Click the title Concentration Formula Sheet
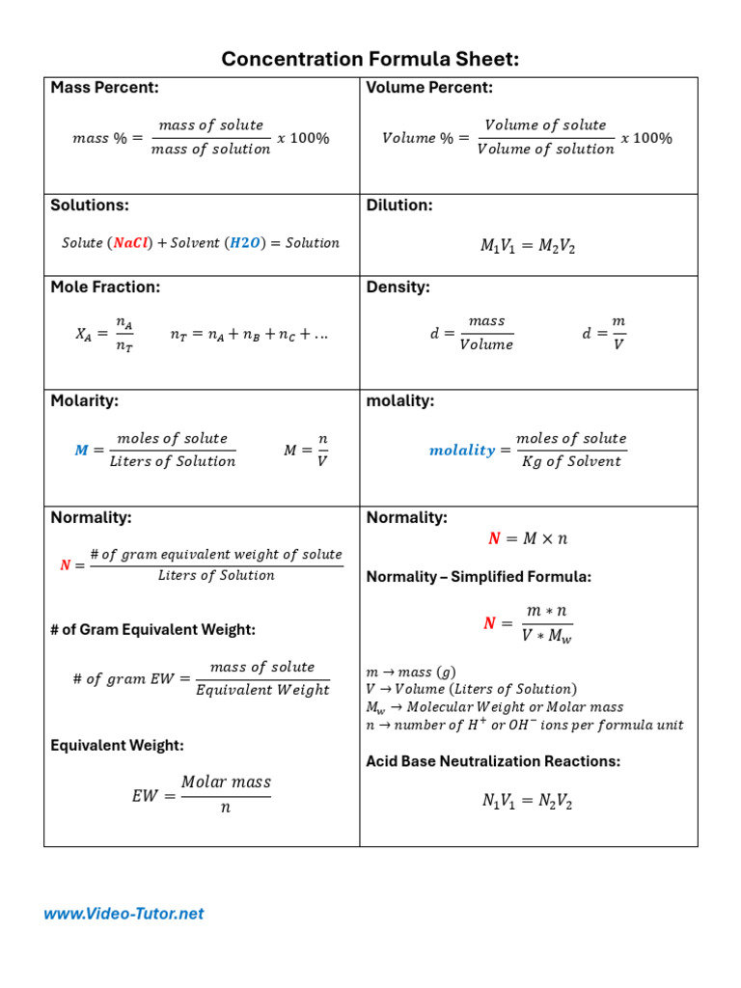(370, 60)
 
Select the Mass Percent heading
(105, 88)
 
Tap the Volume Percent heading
(429, 88)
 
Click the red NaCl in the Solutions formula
(131, 243)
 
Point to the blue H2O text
(244, 243)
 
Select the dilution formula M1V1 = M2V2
(528, 246)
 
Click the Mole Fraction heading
(105, 287)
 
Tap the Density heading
(398, 287)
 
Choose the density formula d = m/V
(604, 333)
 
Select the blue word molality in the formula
(461, 451)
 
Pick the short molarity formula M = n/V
(306, 451)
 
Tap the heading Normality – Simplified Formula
(479, 577)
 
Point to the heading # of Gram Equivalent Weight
(152, 630)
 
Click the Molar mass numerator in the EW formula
(226, 782)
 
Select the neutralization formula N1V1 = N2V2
(528, 801)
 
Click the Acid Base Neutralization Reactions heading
(493, 761)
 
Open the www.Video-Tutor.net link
(123, 914)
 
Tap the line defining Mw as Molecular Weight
(495, 707)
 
